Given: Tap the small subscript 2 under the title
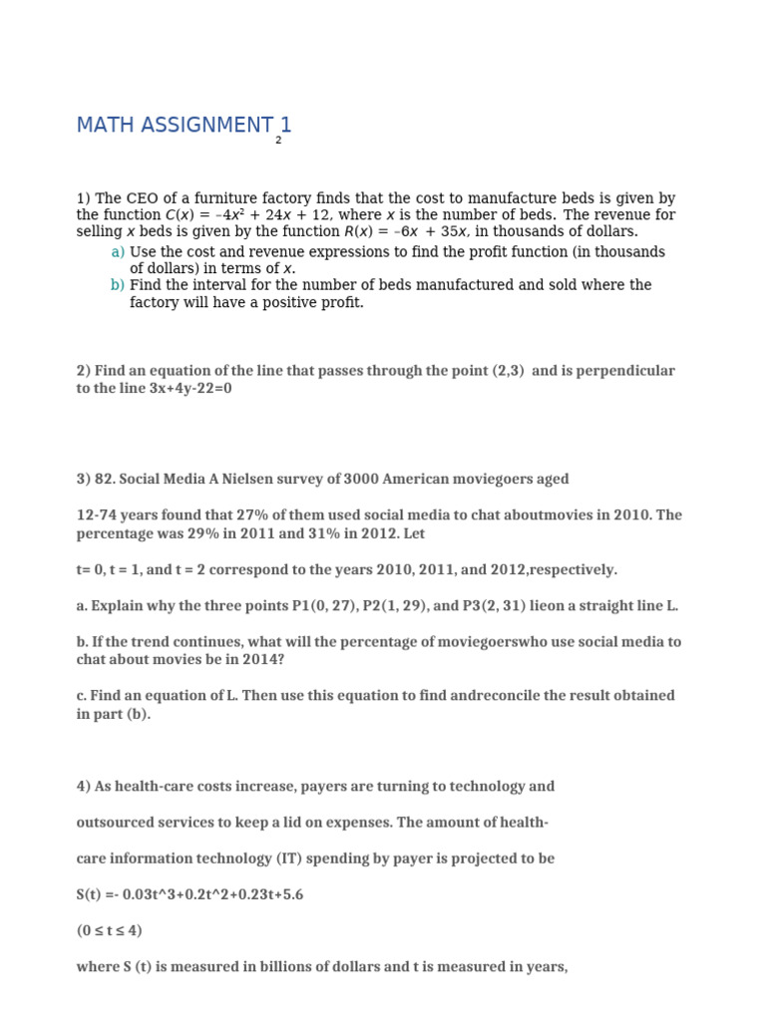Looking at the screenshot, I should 278,141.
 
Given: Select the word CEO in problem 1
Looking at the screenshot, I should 142,199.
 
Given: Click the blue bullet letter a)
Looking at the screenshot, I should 118,252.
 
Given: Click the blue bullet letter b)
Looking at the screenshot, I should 118,285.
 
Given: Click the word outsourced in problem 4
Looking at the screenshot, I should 114,823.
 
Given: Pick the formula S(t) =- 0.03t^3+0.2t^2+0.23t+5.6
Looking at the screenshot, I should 190,895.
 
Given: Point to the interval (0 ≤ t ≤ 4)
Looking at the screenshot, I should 109,931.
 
